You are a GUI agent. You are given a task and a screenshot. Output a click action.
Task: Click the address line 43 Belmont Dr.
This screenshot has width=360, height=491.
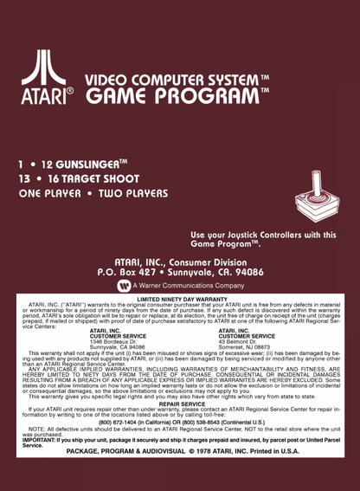[x=240, y=342]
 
